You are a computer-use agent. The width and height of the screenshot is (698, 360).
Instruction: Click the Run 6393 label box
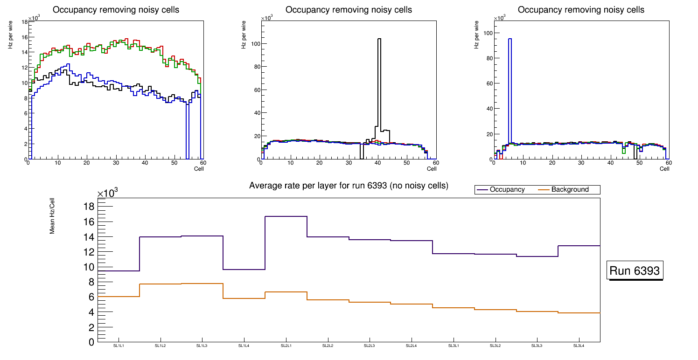[635, 271]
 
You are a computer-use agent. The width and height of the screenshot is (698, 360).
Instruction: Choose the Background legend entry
[570, 190]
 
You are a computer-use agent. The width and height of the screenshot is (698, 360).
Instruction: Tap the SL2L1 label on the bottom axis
[286, 346]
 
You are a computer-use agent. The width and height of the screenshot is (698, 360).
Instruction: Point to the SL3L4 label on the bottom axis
[579, 346]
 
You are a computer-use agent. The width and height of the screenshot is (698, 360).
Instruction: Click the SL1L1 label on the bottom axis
[119, 346]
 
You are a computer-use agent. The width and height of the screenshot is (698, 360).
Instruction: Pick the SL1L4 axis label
[244, 346]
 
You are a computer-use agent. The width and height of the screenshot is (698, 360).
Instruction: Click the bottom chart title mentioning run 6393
[349, 186]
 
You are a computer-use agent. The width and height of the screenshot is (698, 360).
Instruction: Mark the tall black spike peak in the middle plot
[379, 39]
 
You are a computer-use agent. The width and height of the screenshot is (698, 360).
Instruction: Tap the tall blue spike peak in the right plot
[510, 39]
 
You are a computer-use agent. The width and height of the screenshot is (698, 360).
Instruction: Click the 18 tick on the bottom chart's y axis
[89, 207]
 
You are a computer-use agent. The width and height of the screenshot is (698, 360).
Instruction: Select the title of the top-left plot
[116, 10]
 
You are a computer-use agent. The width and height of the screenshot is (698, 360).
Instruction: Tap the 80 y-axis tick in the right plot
[489, 58]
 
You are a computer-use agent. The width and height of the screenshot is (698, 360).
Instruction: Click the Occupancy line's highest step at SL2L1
[286, 216]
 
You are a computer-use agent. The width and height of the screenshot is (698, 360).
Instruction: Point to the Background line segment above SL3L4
[579, 313]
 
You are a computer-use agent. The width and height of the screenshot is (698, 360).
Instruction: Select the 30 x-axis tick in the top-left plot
[115, 163]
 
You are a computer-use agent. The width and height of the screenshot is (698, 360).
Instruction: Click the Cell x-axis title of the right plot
[664, 169]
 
